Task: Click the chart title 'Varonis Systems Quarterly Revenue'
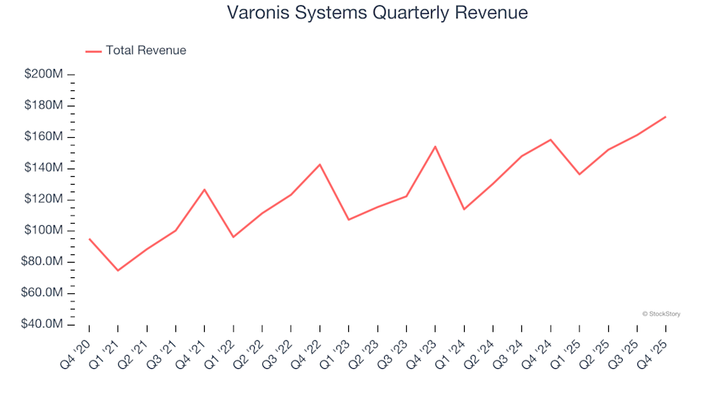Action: coord(377,13)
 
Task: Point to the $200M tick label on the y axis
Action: coord(43,74)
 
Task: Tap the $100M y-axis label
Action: coord(43,230)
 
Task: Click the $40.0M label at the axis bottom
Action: coord(43,324)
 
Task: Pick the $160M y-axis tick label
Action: coord(43,136)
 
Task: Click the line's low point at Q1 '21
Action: coord(117,271)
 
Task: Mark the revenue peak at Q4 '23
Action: coord(435,147)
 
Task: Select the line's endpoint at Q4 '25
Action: coord(665,117)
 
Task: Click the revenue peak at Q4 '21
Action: coord(204,189)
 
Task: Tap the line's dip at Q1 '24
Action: coord(464,210)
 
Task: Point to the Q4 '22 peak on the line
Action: coord(319,164)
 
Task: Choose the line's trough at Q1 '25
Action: coord(579,174)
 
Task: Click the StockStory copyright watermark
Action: coord(661,314)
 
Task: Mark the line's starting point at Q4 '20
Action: coord(89,239)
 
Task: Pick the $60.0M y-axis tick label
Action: coord(43,293)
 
